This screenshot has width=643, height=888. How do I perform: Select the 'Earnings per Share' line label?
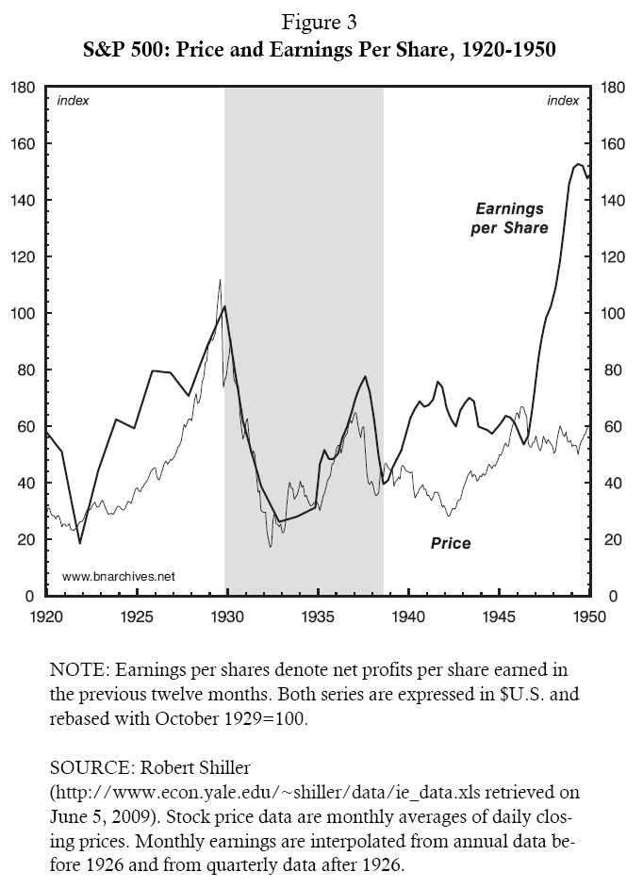click(510, 218)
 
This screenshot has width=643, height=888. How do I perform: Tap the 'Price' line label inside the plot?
click(450, 543)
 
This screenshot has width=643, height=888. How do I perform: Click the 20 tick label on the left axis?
click(28, 540)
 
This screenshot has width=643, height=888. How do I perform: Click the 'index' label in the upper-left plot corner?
click(74, 101)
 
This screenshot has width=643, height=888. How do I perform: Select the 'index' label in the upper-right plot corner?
click(563, 101)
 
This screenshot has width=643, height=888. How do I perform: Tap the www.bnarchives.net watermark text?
click(119, 576)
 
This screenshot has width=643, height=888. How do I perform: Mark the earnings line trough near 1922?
click(80, 543)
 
